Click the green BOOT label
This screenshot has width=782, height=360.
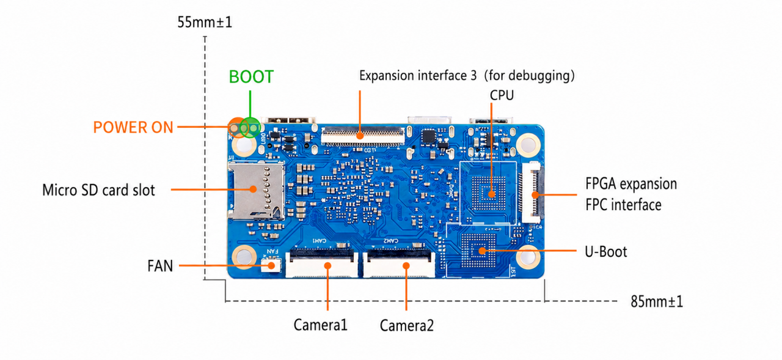251,77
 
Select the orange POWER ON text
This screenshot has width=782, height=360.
133,128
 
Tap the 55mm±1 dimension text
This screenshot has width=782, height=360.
205,23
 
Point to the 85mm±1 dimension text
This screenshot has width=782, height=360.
657,302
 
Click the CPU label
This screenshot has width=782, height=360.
502,95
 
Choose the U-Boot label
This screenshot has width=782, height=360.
605,252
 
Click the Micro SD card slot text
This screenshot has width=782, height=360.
98,190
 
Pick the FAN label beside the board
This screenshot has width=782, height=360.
160,266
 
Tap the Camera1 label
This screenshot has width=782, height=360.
321,325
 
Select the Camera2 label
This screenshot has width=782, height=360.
407,326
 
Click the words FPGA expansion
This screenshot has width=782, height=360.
631,184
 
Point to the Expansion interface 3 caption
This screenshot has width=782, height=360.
418,76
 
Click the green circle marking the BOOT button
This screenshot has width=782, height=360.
250,128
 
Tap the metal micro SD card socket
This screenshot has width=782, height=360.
255,191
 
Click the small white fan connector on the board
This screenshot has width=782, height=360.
271,266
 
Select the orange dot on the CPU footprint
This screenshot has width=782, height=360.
492,194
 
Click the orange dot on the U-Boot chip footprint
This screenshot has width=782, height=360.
482,251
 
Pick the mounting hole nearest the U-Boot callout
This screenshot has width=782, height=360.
528,257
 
